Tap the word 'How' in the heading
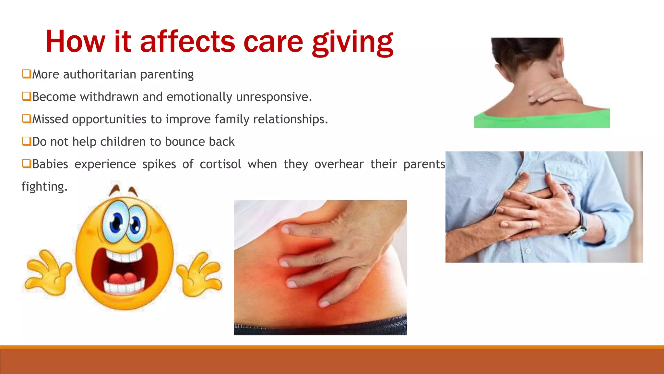click(75, 42)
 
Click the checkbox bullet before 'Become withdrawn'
click(27, 96)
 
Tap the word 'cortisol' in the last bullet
click(220, 164)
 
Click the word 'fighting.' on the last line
click(44, 187)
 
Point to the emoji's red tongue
click(123, 279)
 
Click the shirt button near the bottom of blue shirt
click(528, 251)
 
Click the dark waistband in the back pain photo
click(320, 326)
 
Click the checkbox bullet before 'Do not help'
click(27, 141)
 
